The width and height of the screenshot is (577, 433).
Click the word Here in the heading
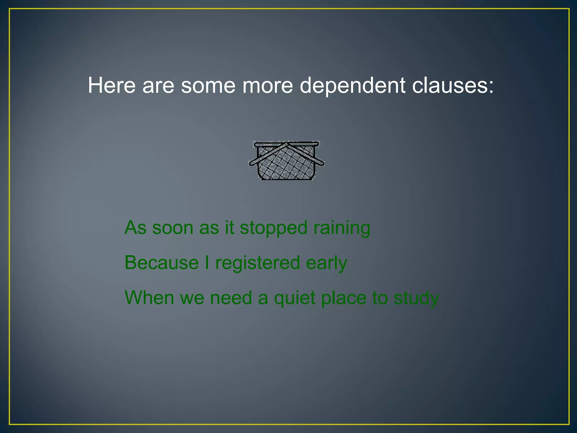(112, 85)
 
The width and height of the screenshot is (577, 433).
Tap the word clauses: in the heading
(453, 85)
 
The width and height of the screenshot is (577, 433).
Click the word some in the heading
(208, 85)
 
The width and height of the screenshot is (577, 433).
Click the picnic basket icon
(286, 161)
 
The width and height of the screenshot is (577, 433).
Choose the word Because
(162, 263)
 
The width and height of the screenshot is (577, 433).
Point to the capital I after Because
(207, 263)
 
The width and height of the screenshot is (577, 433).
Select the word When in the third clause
(149, 298)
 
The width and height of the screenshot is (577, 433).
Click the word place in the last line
(344, 298)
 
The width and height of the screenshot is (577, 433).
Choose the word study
(416, 298)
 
